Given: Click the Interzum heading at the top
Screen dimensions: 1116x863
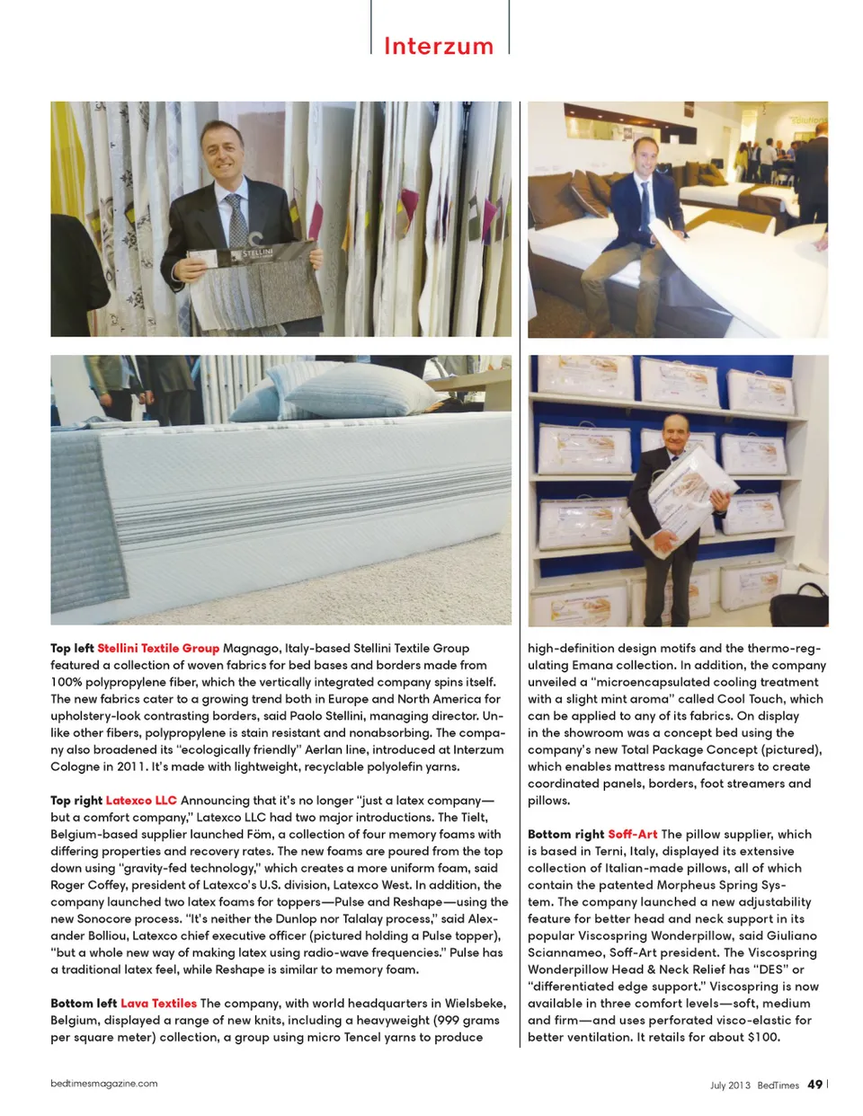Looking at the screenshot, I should pyautogui.click(x=439, y=46).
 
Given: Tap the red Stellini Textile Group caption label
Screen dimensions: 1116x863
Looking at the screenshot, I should pyautogui.click(x=158, y=648).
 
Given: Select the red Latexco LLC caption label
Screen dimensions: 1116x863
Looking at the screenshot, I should pyautogui.click(x=141, y=800).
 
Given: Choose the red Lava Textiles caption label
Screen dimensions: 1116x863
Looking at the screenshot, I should pyautogui.click(x=158, y=1003).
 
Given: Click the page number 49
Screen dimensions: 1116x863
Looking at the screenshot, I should pyautogui.click(x=814, y=1085).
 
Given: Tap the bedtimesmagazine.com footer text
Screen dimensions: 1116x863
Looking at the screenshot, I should pyautogui.click(x=104, y=1084).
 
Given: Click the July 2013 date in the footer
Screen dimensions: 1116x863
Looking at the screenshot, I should pyautogui.click(x=729, y=1085).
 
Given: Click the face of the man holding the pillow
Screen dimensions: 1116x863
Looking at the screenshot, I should pyautogui.click(x=674, y=431).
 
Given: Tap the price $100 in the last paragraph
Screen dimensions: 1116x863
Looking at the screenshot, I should pyautogui.click(x=763, y=1037).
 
